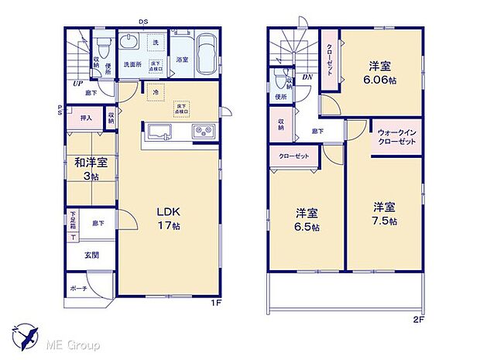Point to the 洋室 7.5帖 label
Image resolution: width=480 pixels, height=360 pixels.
384,214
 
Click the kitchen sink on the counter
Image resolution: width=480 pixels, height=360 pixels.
159,132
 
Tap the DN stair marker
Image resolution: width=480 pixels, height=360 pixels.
307,77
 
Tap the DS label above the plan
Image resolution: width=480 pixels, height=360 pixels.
143,22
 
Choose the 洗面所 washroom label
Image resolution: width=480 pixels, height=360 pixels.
132,65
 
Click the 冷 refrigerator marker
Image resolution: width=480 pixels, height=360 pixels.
156,92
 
